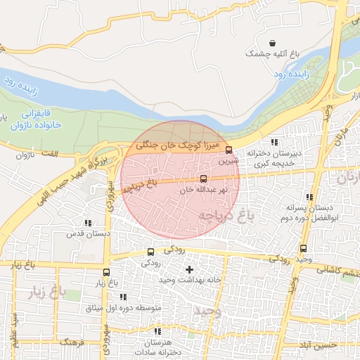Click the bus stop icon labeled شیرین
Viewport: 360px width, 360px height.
click(229, 149)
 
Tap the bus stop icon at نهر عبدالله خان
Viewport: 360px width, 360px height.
click(204, 179)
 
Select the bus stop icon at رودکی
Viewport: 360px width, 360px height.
click(150, 252)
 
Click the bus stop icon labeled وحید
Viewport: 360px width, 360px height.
click(303, 248)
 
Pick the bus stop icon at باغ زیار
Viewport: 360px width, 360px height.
click(106, 272)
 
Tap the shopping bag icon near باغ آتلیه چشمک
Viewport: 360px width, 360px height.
click(273, 42)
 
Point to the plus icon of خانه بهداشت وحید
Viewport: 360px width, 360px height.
click(188, 269)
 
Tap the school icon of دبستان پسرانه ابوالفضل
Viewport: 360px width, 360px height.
click(310, 197)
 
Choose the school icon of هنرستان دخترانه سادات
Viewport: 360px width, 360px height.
click(158, 330)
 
